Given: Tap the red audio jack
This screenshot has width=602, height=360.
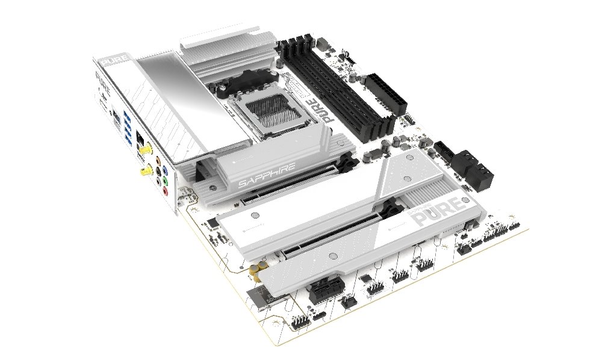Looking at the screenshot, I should point(166,191).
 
